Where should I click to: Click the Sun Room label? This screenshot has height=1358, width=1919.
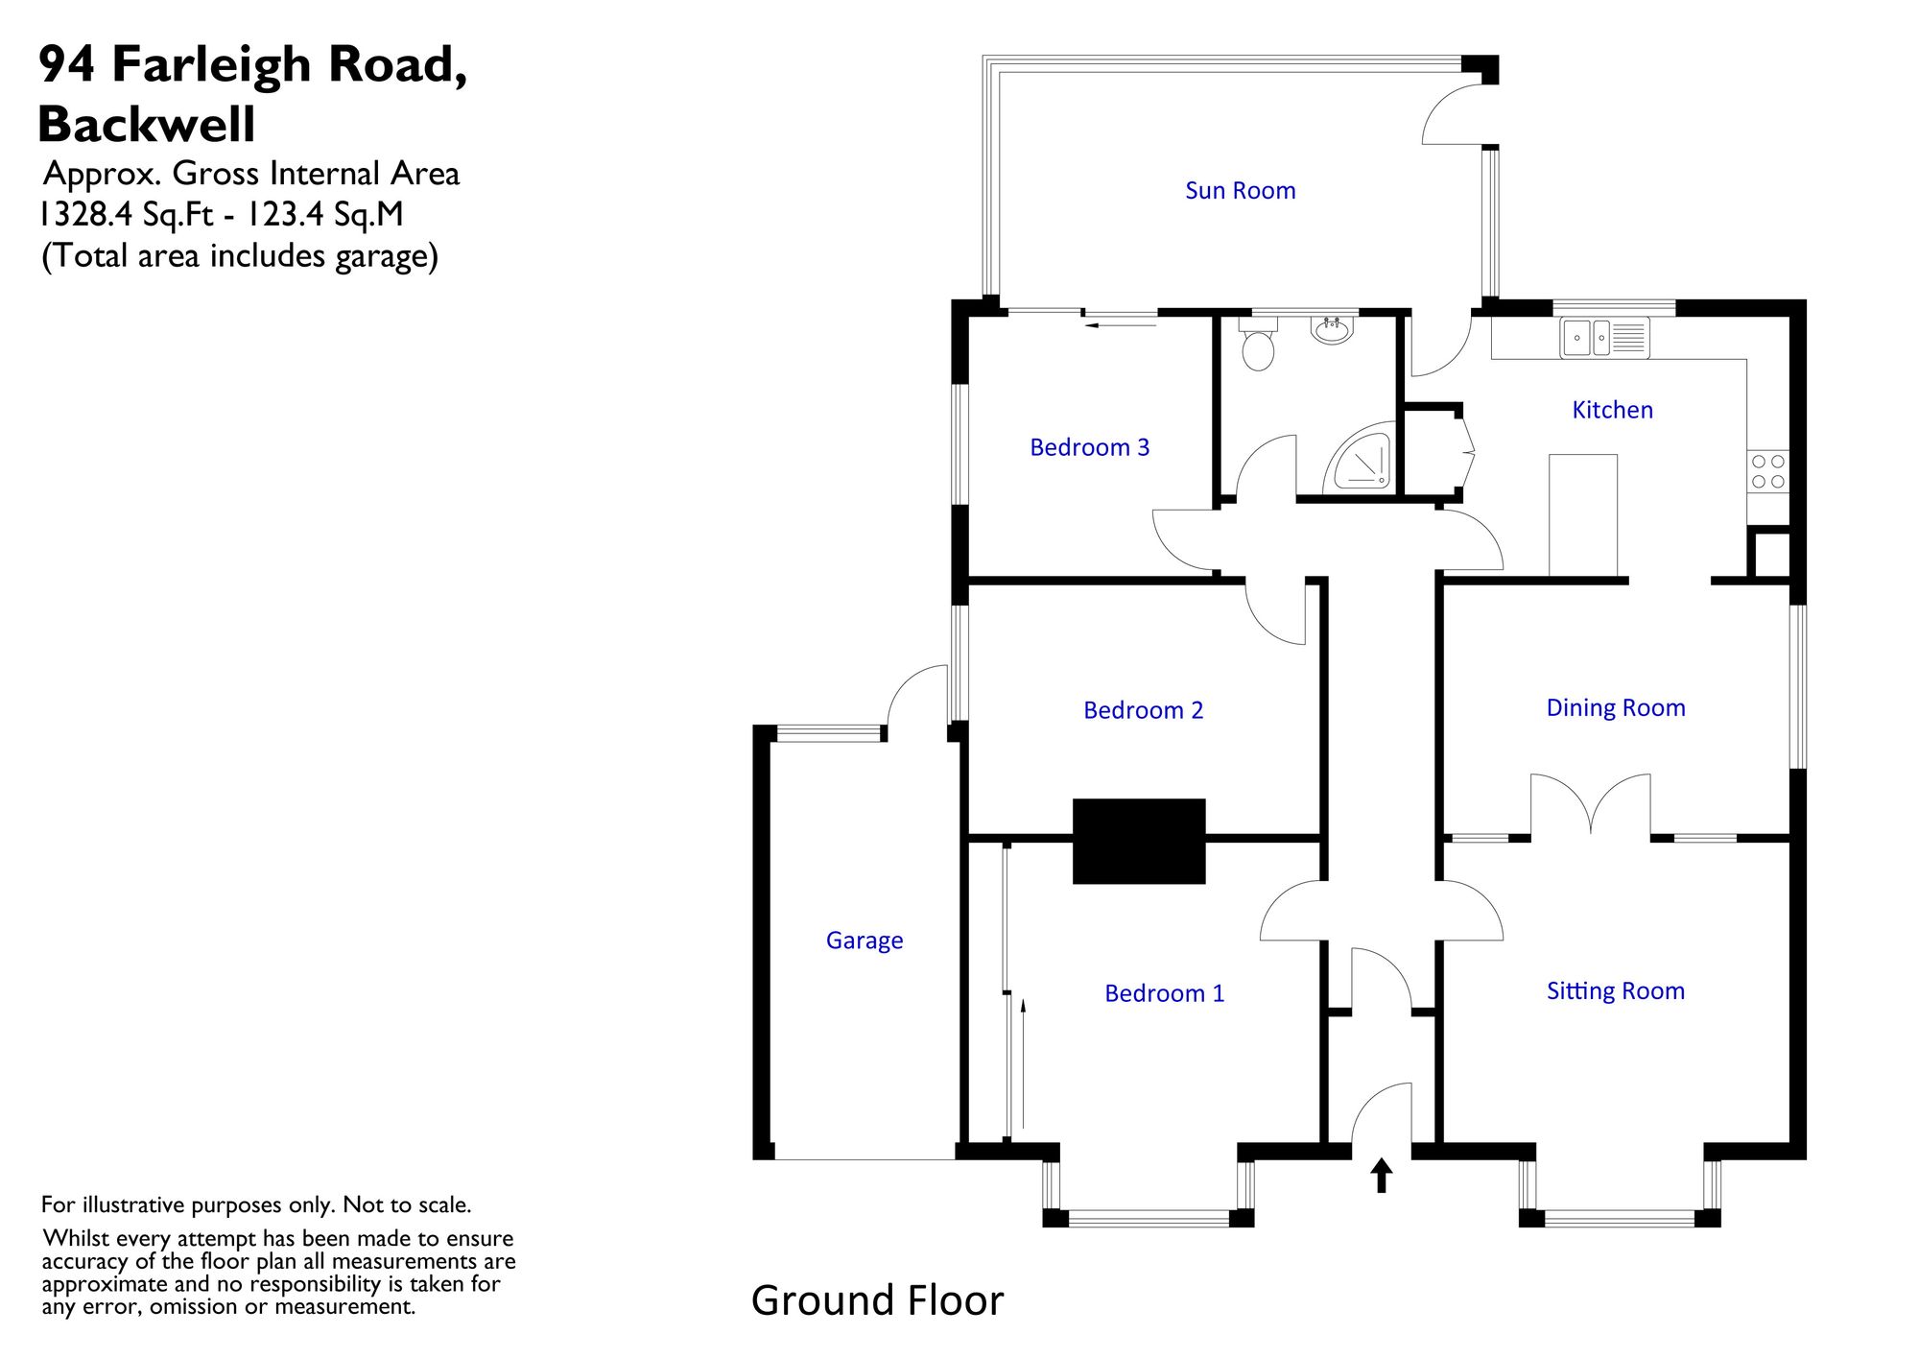[1240, 190]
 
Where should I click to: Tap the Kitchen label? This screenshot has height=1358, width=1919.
[1612, 410]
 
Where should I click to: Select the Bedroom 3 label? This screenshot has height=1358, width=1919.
[1089, 447]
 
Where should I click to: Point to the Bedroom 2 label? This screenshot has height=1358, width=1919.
[1143, 710]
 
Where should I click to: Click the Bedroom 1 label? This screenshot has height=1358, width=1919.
[1164, 993]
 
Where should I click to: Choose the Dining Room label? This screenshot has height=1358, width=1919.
[1616, 708]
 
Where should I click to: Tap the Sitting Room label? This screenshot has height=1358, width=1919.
[1616, 991]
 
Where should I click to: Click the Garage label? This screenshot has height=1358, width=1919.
[865, 941]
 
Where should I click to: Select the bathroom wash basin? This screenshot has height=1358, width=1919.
[1332, 329]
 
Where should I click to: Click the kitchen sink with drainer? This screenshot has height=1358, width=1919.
[1604, 338]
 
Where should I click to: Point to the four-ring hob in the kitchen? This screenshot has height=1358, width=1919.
[1767, 471]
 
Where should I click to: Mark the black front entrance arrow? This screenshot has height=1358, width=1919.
[1381, 1176]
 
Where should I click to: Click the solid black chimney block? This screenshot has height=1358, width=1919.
[1139, 841]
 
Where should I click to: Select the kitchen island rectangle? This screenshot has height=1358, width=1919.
[1583, 516]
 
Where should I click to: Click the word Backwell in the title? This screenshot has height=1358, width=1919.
[147, 124]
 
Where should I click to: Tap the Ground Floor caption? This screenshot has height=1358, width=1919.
[877, 1301]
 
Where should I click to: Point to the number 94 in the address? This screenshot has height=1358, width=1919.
[67, 64]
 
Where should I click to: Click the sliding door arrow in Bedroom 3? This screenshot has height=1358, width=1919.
[1120, 325]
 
